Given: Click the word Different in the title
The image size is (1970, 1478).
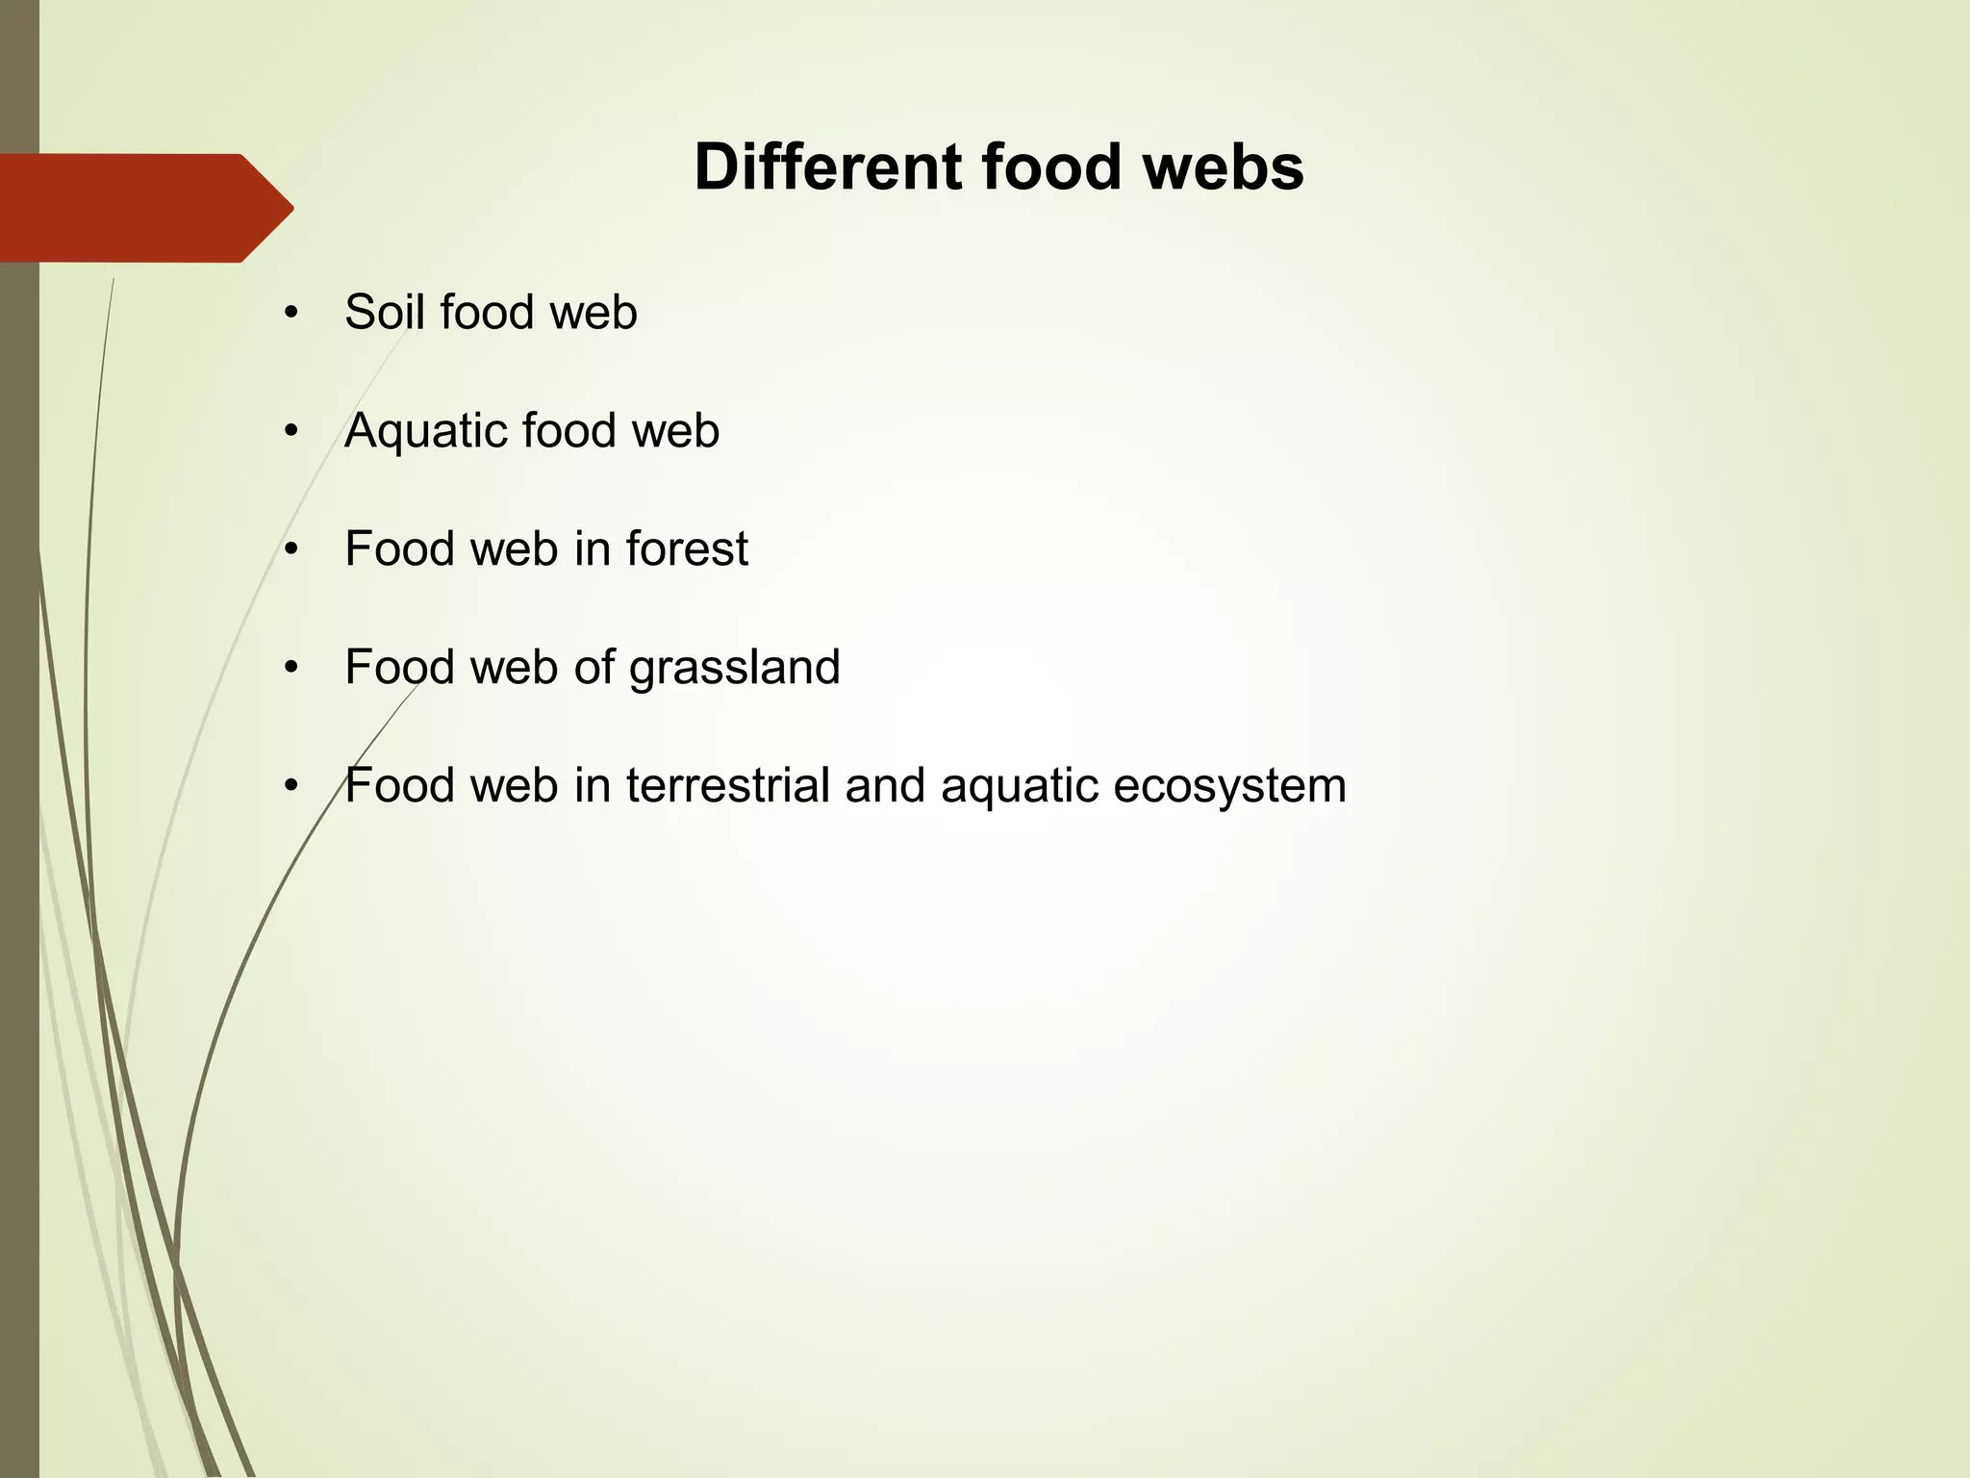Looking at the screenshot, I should pyautogui.click(x=827, y=167).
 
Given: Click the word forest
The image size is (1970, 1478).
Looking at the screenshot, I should pyautogui.click(x=687, y=549).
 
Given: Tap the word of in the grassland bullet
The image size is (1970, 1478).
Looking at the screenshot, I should pyautogui.click(x=594, y=668).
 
